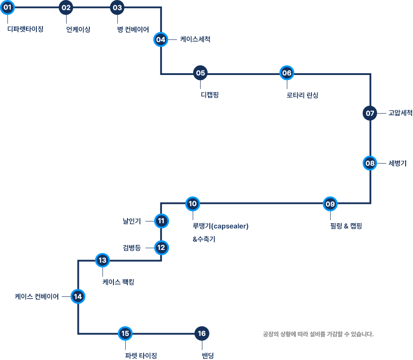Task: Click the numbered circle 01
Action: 7,7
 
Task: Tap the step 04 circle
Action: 161,39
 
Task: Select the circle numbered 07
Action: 370,113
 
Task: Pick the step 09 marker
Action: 330,204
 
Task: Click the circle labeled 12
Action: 161,248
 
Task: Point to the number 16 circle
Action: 202,333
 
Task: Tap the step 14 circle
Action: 78,296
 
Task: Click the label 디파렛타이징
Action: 25,29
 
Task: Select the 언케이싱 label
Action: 78,29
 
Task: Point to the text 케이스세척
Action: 195,39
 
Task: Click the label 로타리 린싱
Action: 302,95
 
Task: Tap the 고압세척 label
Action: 400,113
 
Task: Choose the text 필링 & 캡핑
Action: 346,226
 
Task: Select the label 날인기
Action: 132,221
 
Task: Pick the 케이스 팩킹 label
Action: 118,282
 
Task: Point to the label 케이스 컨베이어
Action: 37,296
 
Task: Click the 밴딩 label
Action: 208,356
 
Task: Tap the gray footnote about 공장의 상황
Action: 318,334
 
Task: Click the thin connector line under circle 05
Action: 200,85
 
